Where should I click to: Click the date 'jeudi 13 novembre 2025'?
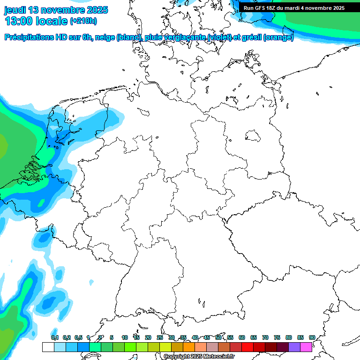pos(56,10)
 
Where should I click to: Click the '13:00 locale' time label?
pos(37,21)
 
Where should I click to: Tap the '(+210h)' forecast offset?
pos(83,21)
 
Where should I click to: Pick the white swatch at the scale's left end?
pos(48,347)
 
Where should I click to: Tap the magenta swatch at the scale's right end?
pos(306,347)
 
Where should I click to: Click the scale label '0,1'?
pos(55,337)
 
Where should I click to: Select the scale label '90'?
pos(312,337)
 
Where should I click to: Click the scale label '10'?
pos(125,337)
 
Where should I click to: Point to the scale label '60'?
pos(242,337)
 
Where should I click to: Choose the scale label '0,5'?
pos(78,337)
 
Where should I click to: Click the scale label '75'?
pos(277,337)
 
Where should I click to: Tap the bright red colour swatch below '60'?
pos(247,347)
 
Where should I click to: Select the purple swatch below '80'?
pos(294,347)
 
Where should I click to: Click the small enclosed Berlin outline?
pos(254,136)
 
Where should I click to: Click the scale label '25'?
pos(160,337)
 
